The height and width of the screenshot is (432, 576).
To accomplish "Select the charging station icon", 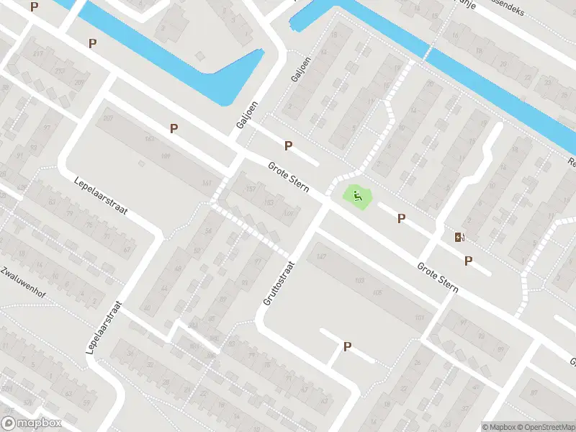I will pyautogui.click(x=459, y=237).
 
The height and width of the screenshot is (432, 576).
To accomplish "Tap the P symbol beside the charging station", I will pyautogui.click(x=469, y=261).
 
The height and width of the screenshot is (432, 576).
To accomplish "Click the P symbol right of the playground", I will pyautogui.click(x=402, y=218).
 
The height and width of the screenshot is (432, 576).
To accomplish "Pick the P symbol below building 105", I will pyautogui.click(x=347, y=346).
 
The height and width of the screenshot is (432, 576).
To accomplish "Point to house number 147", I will pyautogui.click(x=321, y=257).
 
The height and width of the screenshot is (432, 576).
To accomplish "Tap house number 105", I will pyautogui.click(x=377, y=292).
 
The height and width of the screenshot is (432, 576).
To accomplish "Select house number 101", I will pyautogui.click(x=418, y=317).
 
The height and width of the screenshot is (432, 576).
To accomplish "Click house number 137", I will pyautogui.click(x=251, y=189).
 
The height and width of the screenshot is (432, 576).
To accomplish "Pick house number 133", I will pyautogui.click(x=269, y=202).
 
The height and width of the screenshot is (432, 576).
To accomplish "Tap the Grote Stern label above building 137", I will pyautogui.click(x=289, y=177).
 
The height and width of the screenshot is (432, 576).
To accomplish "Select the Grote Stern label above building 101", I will pyautogui.click(x=438, y=277).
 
